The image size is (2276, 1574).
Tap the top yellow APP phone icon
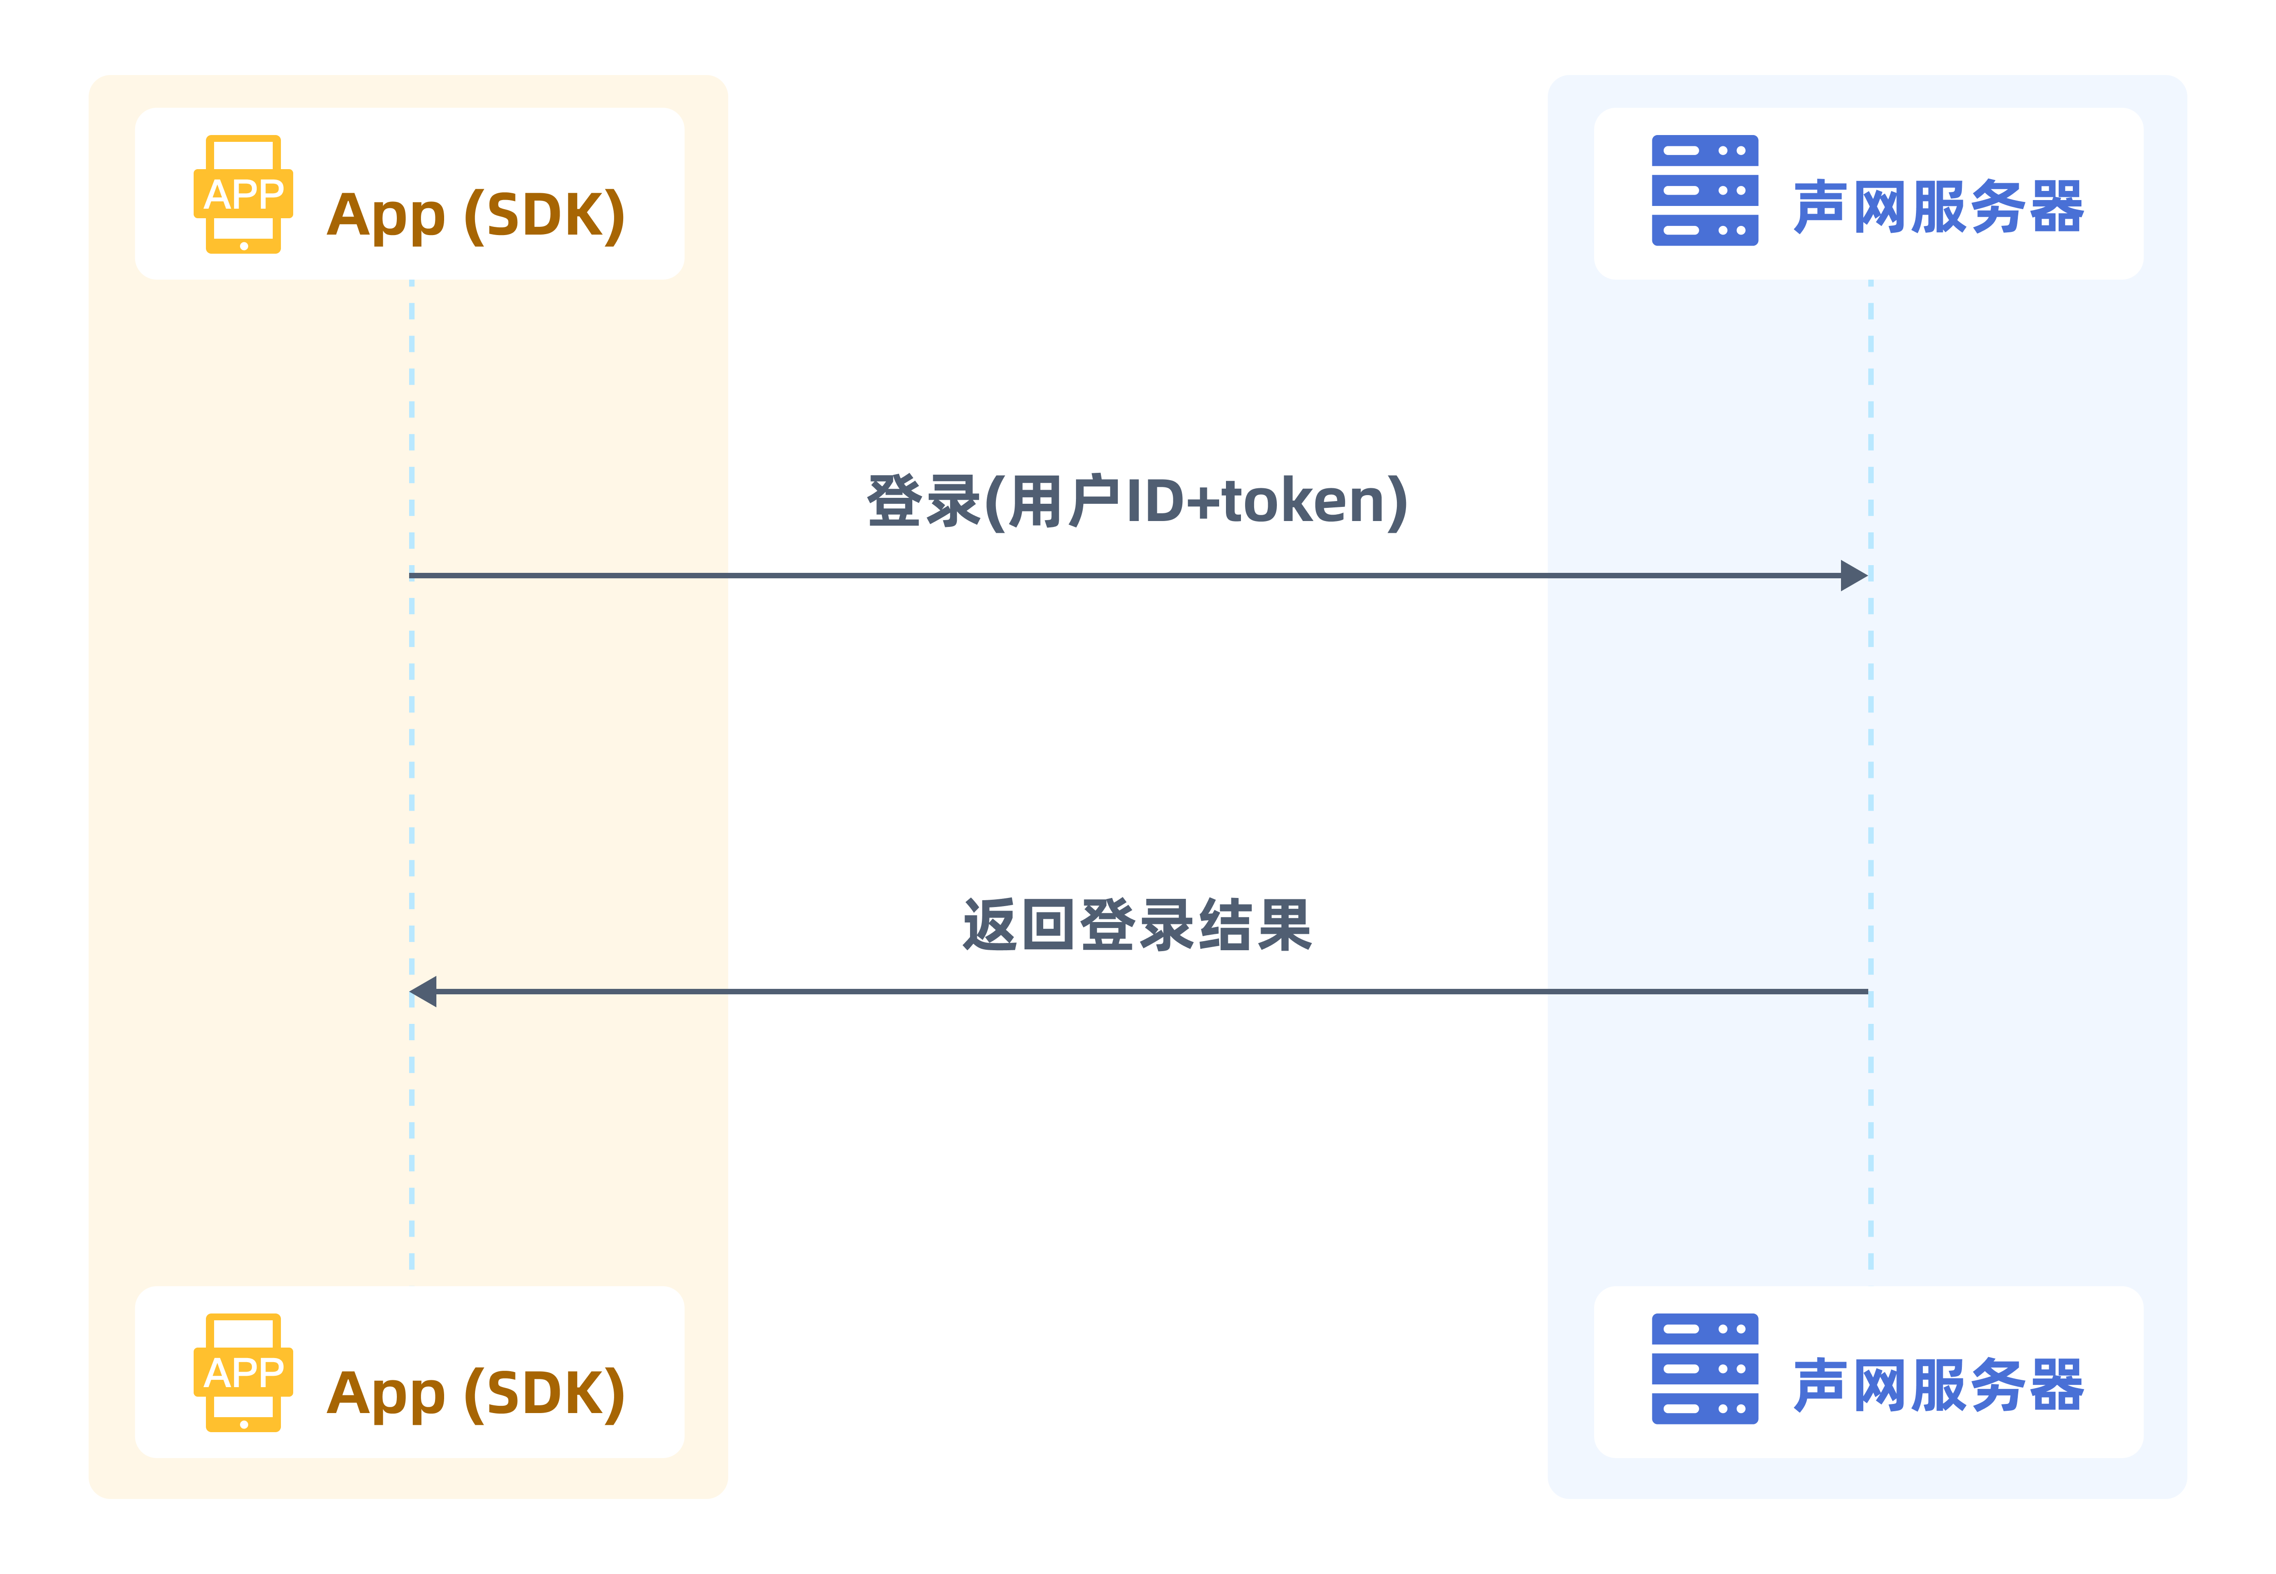pos(244,194)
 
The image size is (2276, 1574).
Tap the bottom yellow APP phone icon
pos(244,1373)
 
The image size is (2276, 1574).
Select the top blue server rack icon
pos(1705,190)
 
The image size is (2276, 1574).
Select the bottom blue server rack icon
pos(1705,1369)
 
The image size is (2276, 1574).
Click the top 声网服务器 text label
pos(1939,207)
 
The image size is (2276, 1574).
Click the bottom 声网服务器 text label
pos(1939,1386)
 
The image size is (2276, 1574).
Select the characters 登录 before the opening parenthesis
pos(924,502)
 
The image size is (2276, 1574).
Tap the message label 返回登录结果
pos(1137,925)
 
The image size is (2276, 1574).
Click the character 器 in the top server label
pos(2056,207)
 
